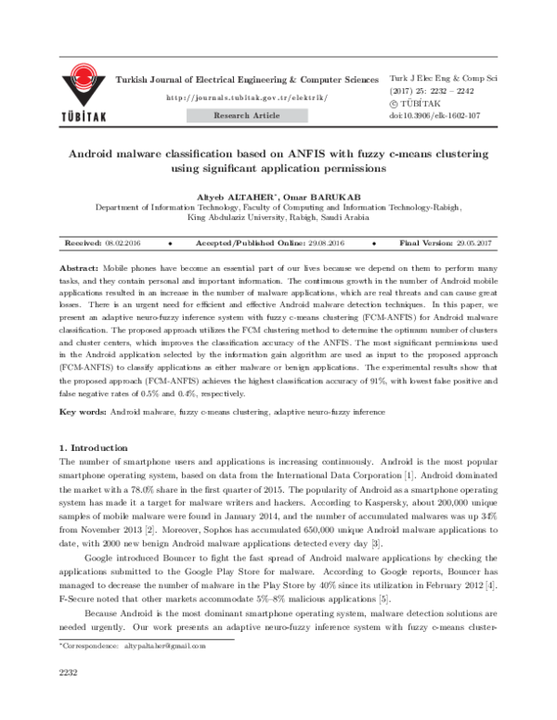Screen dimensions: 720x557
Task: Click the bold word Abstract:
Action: [x=78, y=265]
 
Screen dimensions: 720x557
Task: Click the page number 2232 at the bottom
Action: [x=71, y=697]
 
